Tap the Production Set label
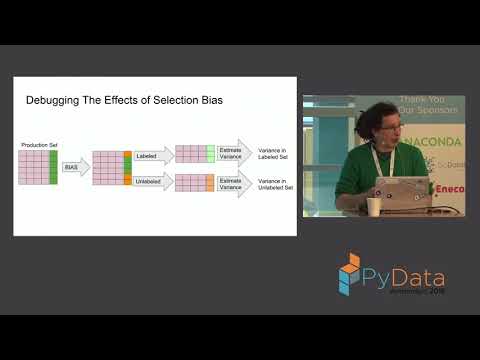coord(38,146)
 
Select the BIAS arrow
coord(74,166)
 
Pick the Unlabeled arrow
coord(153,182)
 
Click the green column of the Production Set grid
coord(54,166)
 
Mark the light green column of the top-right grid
coord(210,153)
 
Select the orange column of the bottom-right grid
coord(210,183)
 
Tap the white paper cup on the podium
coord(373,206)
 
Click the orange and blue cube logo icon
coord(349,273)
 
